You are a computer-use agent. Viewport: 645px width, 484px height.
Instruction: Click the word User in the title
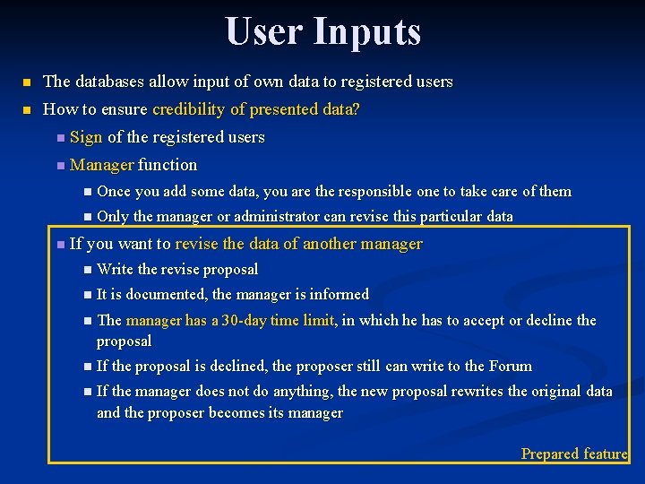click(263, 31)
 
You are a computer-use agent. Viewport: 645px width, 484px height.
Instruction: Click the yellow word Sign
click(86, 137)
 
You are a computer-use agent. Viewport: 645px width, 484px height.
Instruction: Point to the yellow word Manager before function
click(102, 165)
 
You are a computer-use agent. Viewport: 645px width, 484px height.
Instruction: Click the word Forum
click(511, 366)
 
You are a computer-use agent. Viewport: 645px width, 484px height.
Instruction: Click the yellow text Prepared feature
click(574, 454)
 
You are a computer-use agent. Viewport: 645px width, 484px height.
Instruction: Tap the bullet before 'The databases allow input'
click(27, 82)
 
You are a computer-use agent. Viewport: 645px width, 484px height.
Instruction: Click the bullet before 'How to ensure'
click(27, 110)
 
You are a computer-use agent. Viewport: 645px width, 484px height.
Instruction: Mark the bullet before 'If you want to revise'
click(58, 245)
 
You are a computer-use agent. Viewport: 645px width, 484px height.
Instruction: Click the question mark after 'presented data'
click(357, 109)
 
